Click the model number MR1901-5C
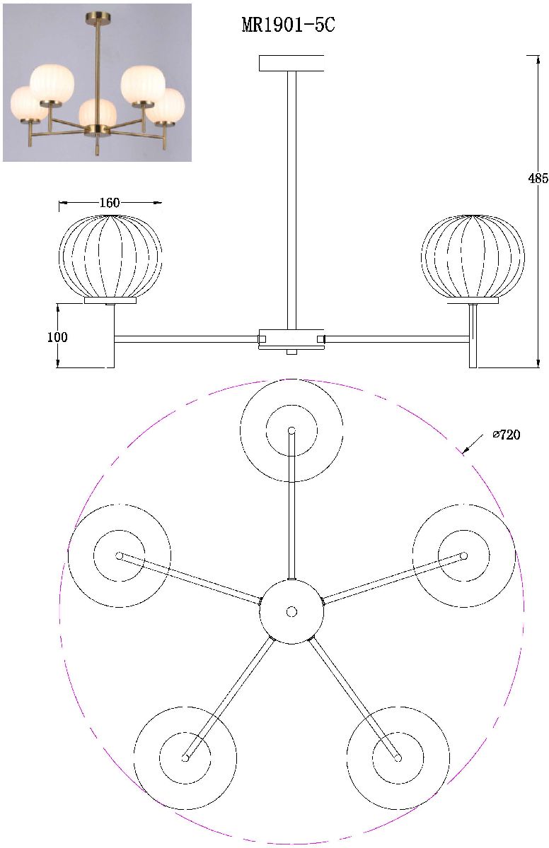click(289, 25)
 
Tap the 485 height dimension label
click(538, 178)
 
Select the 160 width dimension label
click(110, 203)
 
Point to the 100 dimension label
click(57, 337)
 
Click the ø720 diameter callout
click(507, 435)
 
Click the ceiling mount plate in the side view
click(291, 63)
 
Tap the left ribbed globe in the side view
click(110, 257)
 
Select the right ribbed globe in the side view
click(473, 257)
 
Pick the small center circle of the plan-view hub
click(291, 611)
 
